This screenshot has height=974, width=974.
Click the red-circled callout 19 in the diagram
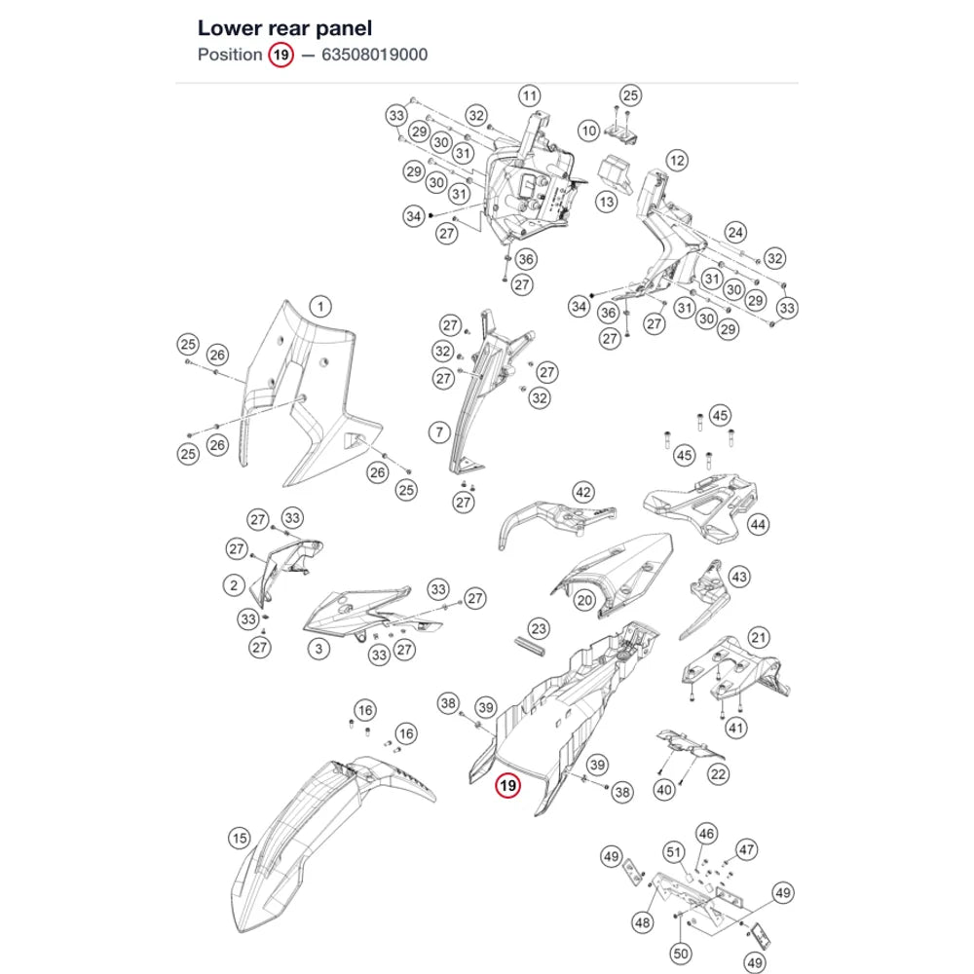pyautogui.click(x=507, y=786)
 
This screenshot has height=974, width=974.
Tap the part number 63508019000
pyautogui.click(x=375, y=55)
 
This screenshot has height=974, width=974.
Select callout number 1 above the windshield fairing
pyautogui.click(x=320, y=306)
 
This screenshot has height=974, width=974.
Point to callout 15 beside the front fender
pyautogui.click(x=240, y=838)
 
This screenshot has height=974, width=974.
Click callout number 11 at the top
pyautogui.click(x=529, y=96)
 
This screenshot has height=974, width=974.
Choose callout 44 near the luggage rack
pyautogui.click(x=758, y=525)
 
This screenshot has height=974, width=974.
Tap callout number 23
pyautogui.click(x=539, y=628)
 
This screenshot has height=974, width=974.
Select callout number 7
pyautogui.click(x=440, y=431)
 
